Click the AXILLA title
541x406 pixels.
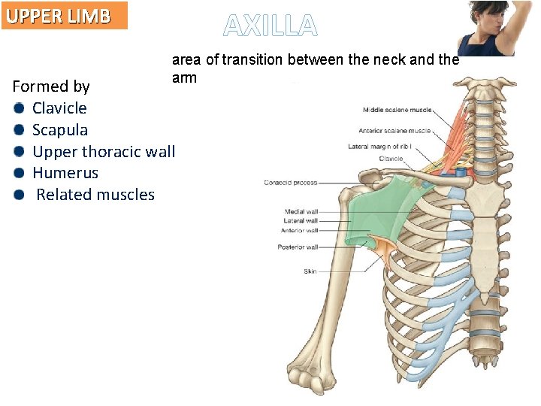[x=270, y=26]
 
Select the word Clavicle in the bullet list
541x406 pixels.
[x=59, y=108]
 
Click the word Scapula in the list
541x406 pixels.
[x=59, y=130]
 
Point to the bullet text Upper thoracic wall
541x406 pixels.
[x=104, y=152]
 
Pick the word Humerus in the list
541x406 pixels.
[x=65, y=173]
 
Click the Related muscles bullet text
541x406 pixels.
[x=95, y=195]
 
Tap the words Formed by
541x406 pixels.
[x=51, y=86]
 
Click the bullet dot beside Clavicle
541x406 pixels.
[x=18, y=108]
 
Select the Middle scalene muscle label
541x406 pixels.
[x=397, y=110]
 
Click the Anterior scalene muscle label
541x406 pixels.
[x=394, y=131]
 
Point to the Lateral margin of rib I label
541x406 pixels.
[x=389, y=147]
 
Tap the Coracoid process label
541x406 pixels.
[x=290, y=183]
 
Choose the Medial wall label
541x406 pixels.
[x=301, y=212]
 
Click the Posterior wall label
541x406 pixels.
[x=298, y=247]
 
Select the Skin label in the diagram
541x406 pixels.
[x=310, y=271]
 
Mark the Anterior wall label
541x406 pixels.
[x=298, y=230]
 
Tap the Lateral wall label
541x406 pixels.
[x=301, y=221]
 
